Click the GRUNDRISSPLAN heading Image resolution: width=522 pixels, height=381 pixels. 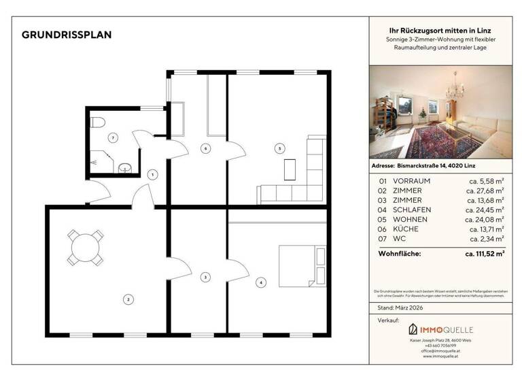(x=67, y=35)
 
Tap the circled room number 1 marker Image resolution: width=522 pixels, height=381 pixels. (x=153, y=175)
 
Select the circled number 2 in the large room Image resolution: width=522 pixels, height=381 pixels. (x=126, y=298)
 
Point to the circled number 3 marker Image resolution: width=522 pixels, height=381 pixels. (x=205, y=277)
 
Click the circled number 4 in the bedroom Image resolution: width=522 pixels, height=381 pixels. (x=260, y=282)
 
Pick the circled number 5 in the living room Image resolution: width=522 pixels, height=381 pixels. (x=204, y=148)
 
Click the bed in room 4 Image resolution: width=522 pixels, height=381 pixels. (x=300, y=265)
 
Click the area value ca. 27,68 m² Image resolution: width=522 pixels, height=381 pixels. (x=485, y=190)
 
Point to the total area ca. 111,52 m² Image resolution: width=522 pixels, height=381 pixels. (x=484, y=254)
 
